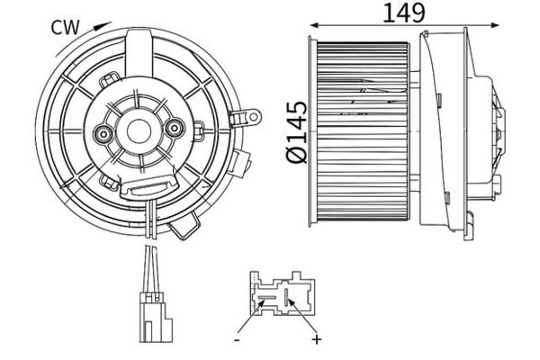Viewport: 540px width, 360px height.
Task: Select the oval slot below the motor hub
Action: point(147,186)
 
